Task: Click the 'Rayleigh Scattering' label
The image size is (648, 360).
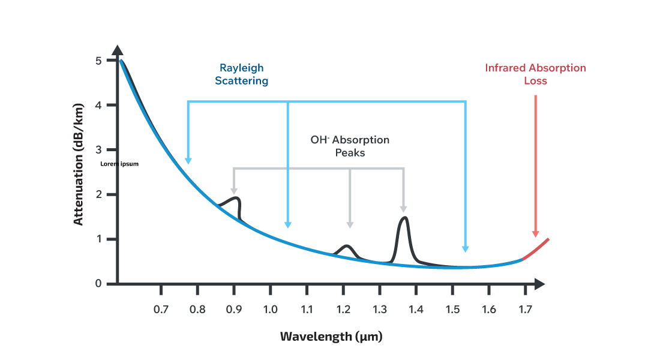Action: click(242, 74)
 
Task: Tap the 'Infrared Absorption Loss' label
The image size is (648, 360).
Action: click(535, 74)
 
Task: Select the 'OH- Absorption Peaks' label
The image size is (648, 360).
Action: click(350, 146)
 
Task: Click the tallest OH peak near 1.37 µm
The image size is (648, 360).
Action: click(404, 219)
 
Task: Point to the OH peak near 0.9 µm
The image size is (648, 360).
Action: click(235, 199)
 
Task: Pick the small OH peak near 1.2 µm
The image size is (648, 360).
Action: click(346, 247)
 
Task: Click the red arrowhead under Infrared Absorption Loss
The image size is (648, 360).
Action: click(535, 233)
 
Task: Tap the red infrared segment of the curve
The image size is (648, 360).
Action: click(536, 249)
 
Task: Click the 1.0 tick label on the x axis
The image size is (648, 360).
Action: click(271, 310)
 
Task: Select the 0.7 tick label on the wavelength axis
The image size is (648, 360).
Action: click(161, 310)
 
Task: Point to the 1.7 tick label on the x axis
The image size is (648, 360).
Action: click(526, 310)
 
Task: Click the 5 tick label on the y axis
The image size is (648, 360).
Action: click(98, 61)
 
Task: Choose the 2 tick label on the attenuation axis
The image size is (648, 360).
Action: click(98, 194)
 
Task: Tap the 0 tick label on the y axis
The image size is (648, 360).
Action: click(98, 284)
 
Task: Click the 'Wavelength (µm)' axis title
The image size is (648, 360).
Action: click(331, 336)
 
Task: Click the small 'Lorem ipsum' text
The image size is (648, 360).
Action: click(119, 163)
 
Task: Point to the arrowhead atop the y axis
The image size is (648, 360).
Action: click(118, 50)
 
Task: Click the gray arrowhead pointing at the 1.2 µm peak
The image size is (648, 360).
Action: click(350, 224)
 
